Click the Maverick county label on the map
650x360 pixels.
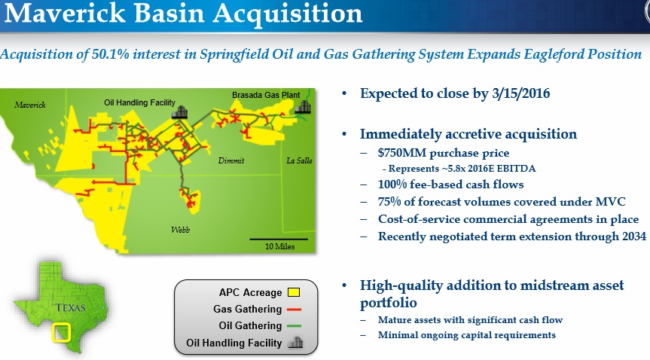[30, 105]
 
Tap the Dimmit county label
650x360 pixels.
[231, 160]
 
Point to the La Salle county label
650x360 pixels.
[299, 160]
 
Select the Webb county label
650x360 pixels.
[180, 230]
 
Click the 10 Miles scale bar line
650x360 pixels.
[279, 239]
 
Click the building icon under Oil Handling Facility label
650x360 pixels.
[179, 112]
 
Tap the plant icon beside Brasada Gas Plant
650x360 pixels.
[303, 107]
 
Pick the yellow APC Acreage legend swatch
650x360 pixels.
[294, 292]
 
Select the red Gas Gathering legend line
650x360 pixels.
[294, 310]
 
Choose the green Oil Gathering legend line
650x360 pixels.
[294, 326]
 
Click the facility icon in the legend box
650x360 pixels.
[295, 343]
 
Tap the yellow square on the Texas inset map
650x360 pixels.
[61, 333]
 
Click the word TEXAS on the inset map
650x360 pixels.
[71, 308]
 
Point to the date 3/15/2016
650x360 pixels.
[520, 93]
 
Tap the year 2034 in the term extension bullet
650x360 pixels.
[634, 236]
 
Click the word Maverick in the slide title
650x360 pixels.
[64, 13]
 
